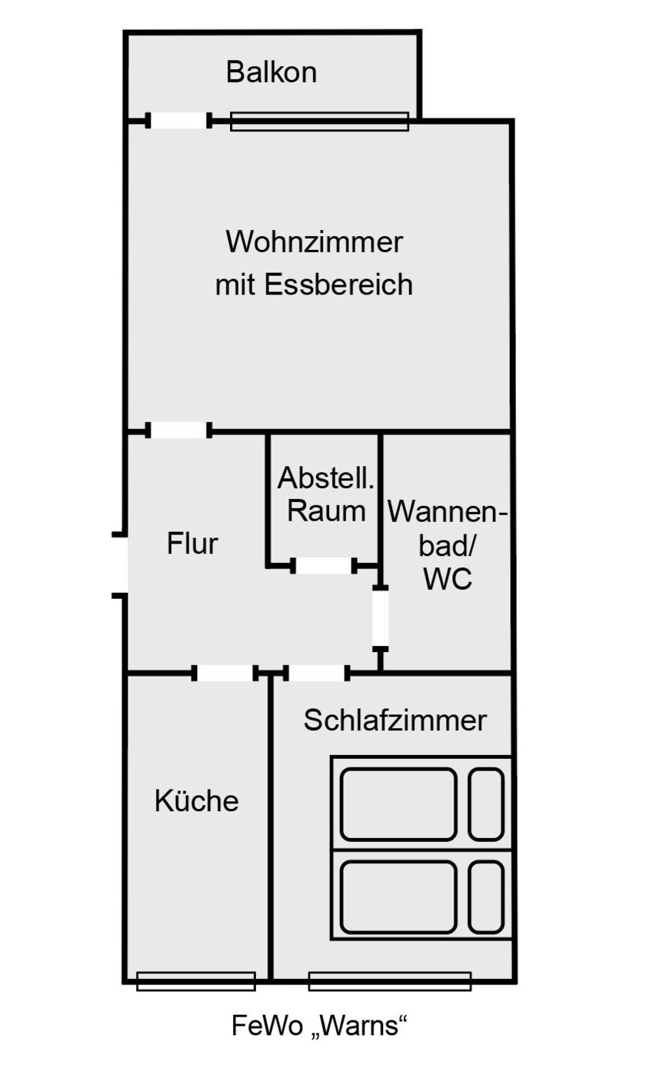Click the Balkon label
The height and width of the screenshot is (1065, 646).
pos(271,73)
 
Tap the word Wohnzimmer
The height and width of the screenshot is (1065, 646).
pos(314,242)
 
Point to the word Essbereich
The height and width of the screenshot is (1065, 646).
pos(338,285)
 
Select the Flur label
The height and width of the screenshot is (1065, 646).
pos(192,544)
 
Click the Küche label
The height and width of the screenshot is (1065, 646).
pos(197,801)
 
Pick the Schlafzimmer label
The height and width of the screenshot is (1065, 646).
pos(395,721)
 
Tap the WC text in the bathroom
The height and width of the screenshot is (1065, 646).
pos(448,579)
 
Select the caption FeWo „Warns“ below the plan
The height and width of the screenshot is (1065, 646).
pos(318,1026)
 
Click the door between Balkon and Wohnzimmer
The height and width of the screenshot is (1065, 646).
pos(179,121)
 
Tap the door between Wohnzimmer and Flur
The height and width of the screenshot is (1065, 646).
pos(179,431)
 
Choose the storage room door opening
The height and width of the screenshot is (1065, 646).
pos(324,567)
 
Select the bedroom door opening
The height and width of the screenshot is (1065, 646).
pos(317,674)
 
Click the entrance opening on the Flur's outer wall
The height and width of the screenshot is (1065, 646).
pos(121,564)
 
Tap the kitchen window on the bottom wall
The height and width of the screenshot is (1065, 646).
pos(195,981)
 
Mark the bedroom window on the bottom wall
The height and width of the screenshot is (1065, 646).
pos(389,981)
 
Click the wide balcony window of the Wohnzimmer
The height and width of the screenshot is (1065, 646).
pos(319,121)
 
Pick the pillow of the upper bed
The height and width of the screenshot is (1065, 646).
pos(486,804)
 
